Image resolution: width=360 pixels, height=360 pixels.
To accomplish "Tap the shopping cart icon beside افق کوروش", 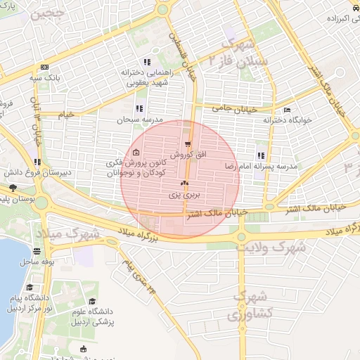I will pos(187,144).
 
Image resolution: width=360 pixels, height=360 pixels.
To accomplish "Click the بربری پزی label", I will pos(188,192).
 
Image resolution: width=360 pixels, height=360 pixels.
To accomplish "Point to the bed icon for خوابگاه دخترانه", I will pos(285,110).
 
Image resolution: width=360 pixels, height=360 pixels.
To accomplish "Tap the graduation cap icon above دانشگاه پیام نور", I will pos(30,288).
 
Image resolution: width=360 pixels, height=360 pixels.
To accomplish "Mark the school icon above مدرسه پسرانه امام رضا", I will pos(261,155).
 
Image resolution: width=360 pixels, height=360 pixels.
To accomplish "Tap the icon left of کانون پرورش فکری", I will pos(135,153).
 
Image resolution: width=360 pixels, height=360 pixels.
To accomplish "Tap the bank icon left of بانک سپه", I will pos(45,67).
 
